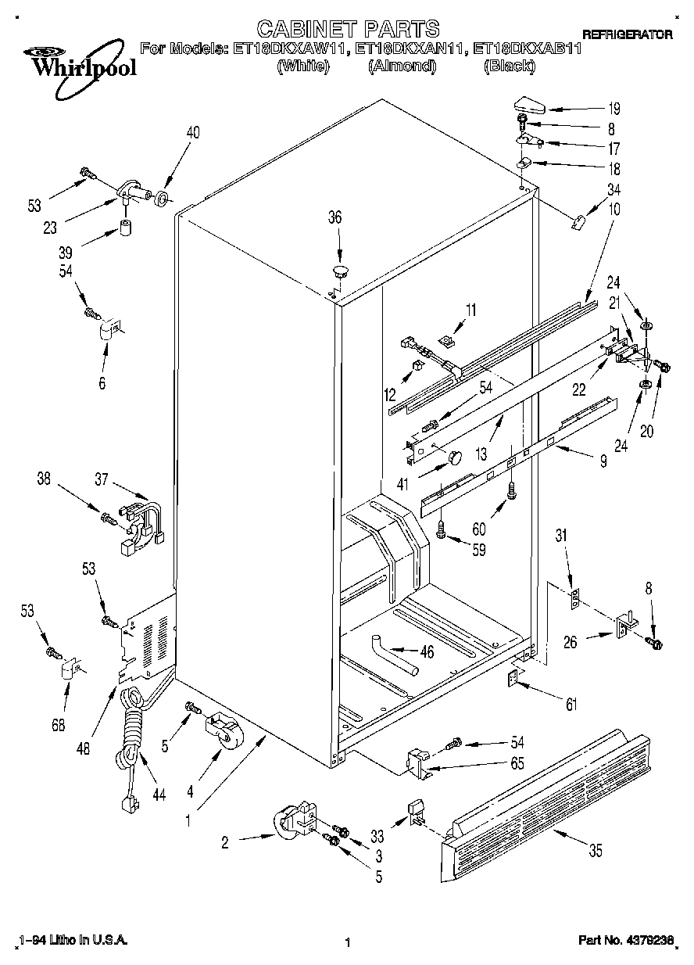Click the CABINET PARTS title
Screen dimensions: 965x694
pos(348,30)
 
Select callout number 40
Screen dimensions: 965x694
pos(192,133)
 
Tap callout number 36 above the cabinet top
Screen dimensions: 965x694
pos(334,218)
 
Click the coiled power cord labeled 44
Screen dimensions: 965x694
pos(131,731)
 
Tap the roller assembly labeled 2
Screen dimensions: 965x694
pos(294,823)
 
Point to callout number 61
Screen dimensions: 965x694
pos(571,705)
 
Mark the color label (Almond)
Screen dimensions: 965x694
pos(401,66)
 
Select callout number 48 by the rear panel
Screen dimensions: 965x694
pos(84,748)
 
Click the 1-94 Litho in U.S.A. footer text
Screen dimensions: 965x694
pos(72,941)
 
